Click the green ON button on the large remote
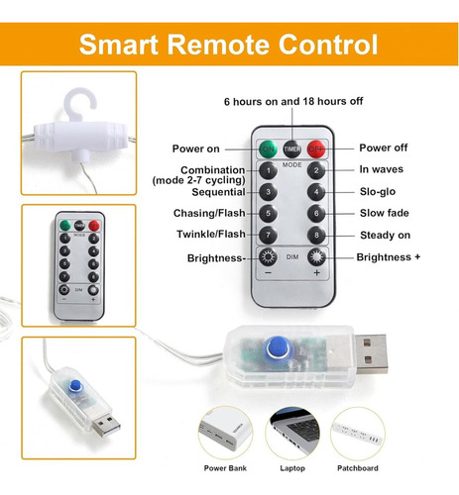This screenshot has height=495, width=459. click(268, 149)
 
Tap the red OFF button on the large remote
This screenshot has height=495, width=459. click(316, 149)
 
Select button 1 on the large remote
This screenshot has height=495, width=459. click(268, 170)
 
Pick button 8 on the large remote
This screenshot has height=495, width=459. click(316, 235)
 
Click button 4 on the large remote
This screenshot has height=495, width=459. click(316, 192)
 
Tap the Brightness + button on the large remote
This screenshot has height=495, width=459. click(316, 257)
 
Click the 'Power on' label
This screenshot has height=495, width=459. click(195, 148)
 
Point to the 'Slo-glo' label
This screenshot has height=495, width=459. click(378, 192)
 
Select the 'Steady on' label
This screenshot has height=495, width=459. click(385, 235)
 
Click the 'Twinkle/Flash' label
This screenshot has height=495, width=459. click(211, 234)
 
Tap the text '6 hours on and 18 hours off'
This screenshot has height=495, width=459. click(293, 101)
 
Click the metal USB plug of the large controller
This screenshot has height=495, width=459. click(371, 353)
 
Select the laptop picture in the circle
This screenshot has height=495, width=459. click(292, 434)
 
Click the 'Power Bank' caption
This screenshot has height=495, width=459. click(225, 468)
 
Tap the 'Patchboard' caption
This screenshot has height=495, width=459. click(358, 468)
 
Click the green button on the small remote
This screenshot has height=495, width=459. click(65, 226)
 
